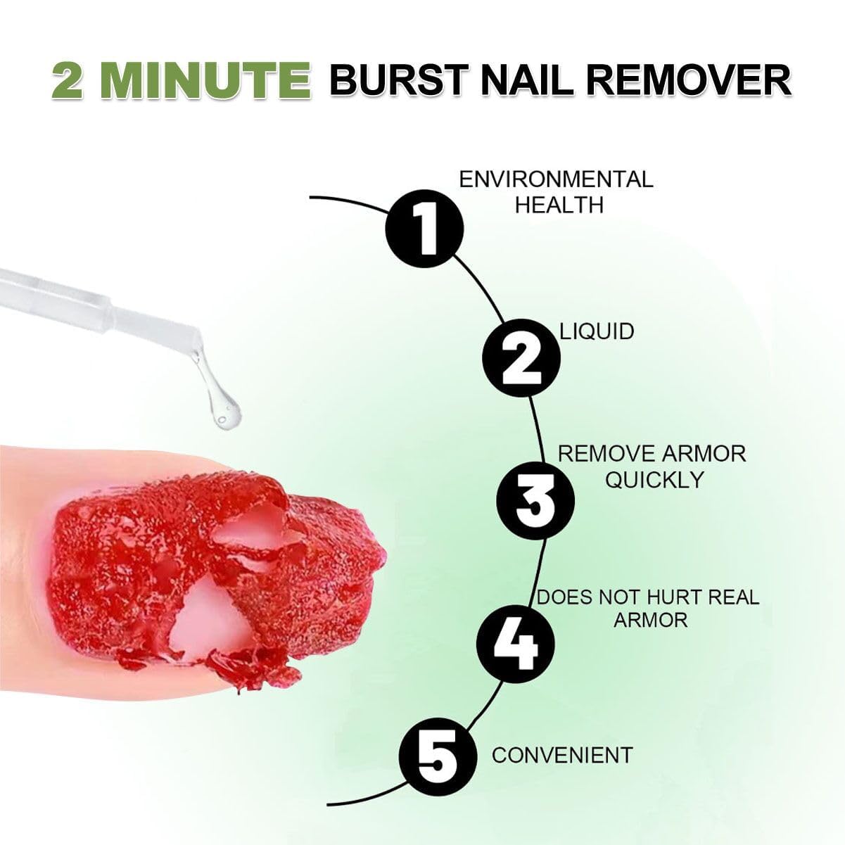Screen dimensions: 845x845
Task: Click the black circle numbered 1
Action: pos(424,226)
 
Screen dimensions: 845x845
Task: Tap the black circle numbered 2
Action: pos(521,357)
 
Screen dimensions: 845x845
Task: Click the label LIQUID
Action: pos(597,331)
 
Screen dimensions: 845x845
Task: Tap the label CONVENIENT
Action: pos(561,755)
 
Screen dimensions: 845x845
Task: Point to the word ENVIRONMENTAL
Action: pos(556,179)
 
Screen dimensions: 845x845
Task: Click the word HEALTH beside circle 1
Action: pos(559,205)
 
